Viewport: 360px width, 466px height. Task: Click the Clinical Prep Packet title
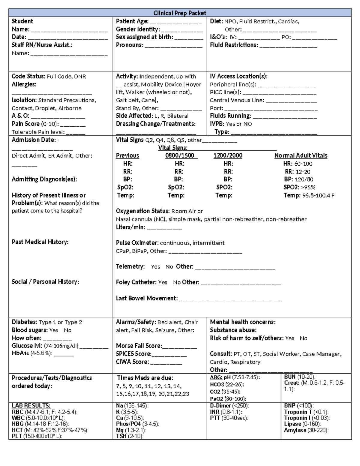click(180, 13)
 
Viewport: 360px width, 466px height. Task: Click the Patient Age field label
click(132, 21)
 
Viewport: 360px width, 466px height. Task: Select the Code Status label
click(28, 77)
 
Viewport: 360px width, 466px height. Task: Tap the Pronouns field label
click(130, 45)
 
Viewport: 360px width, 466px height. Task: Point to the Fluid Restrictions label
click(234, 45)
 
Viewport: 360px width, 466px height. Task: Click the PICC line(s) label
click(225, 92)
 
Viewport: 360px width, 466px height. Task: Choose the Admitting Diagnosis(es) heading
click(44, 179)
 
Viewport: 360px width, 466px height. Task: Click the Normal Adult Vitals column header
click(301, 155)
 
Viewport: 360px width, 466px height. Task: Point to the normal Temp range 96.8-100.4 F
click(318, 196)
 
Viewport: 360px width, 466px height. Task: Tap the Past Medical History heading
click(40, 242)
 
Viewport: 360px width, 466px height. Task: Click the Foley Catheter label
click(136, 282)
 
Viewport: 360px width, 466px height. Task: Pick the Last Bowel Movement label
click(147, 298)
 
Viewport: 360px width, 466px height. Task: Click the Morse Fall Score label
click(139, 346)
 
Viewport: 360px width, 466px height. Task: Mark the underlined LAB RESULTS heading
click(31, 406)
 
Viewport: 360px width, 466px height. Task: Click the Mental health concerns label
click(242, 322)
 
